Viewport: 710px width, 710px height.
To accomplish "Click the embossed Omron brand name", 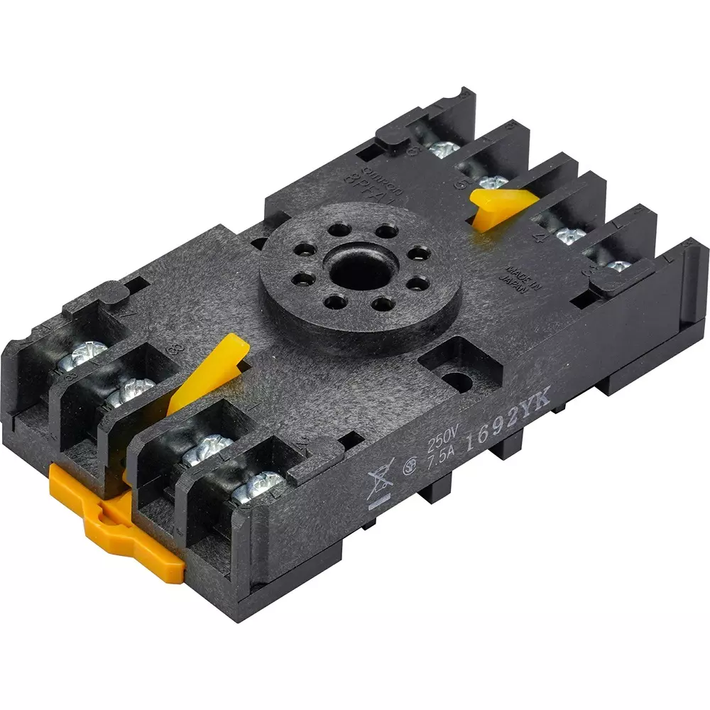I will tap(383, 182).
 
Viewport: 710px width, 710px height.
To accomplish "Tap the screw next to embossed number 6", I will tap(444, 150).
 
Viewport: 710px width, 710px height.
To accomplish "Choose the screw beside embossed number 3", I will tap(618, 268).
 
